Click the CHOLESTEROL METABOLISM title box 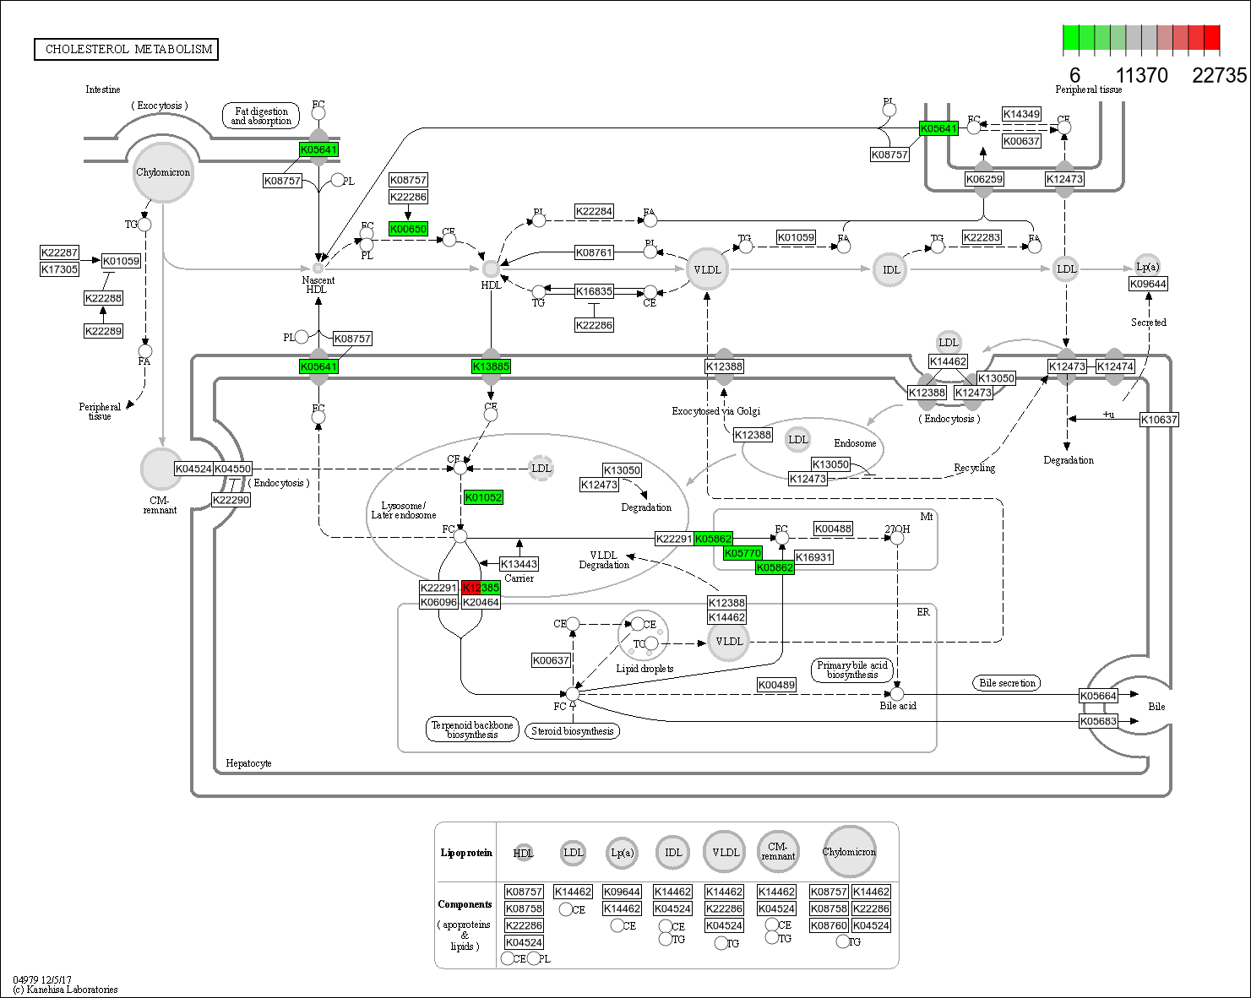coord(126,49)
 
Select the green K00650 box coord(408,229)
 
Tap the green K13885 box coord(491,366)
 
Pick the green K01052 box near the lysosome coord(483,497)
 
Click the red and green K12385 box coord(481,588)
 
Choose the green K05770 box coord(742,553)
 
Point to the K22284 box coord(594,211)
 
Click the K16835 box coord(594,291)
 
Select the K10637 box coord(1159,420)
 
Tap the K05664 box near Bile coord(1098,696)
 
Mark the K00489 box coord(776,685)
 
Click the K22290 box coord(231,500)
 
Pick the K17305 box coord(60,269)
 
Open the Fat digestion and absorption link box coord(262,116)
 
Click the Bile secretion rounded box coord(1007,683)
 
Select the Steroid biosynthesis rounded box coord(572,731)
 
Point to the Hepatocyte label coord(248,763)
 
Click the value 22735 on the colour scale coord(1219,76)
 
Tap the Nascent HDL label coord(318,285)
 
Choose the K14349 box coord(1021,114)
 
